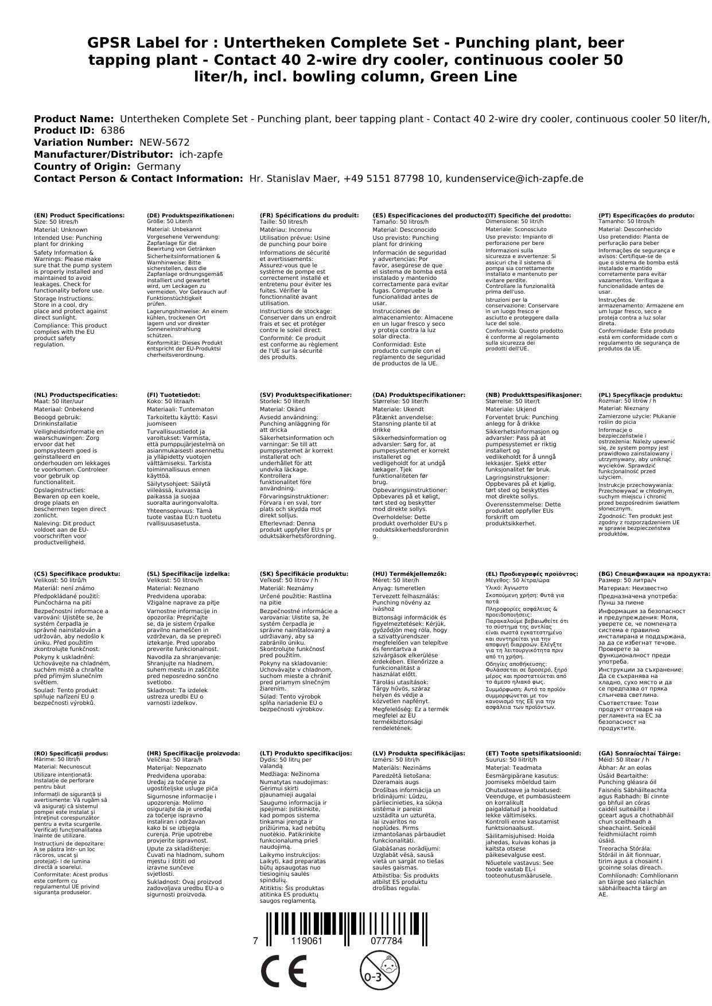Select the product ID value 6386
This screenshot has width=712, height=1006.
coord(112,130)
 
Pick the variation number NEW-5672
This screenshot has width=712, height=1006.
coord(164,142)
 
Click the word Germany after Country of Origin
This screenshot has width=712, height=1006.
coord(158,166)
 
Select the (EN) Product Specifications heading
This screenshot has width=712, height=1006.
coord(79,216)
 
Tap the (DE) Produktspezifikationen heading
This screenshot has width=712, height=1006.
coord(190,216)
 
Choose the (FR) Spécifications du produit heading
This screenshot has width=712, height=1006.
coord(309,216)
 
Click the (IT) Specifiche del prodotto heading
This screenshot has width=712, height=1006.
coord(528,216)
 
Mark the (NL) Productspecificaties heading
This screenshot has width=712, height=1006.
coord(76,395)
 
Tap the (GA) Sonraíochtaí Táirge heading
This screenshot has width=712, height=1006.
coord(639,754)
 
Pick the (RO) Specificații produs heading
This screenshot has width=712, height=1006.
coord(71,754)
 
